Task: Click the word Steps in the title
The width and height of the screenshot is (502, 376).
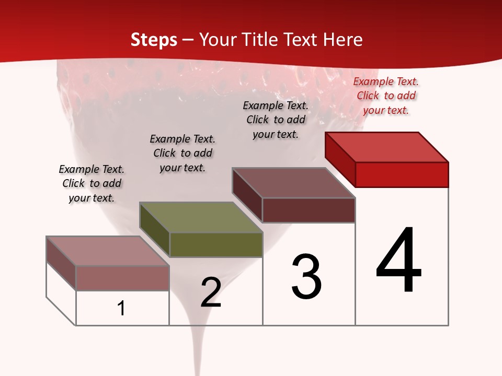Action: (154, 40)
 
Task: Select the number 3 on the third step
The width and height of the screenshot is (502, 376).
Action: (306, 277)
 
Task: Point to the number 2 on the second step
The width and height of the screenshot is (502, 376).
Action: (211, 292)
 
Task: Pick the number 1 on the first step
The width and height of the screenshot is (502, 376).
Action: (121, 308)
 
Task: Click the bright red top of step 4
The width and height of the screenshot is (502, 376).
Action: (387, 147)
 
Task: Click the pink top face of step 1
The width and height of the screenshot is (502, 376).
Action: (108, 251)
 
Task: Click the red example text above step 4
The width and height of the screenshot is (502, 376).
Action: (386, 96)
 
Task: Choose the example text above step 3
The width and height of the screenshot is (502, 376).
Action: (276, 120)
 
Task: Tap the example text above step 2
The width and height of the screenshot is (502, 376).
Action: (182, 153)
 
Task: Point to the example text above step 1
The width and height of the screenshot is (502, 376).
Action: (92, 183)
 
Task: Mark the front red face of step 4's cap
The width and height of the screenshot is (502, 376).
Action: (402, 174)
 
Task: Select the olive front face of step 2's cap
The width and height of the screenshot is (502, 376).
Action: (216, 244)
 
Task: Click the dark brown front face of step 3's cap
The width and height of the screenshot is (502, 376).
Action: (309, 210)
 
